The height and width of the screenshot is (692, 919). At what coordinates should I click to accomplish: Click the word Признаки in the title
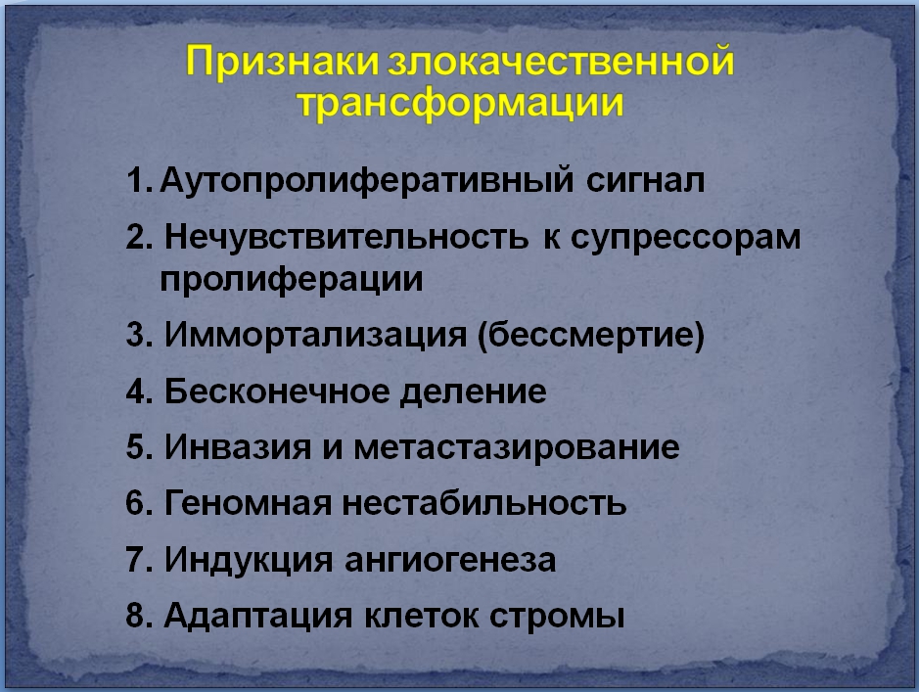pos(283,62)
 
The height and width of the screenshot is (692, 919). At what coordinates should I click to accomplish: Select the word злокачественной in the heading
pos(561,61)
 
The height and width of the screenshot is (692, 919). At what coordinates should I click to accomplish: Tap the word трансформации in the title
pos(460,104)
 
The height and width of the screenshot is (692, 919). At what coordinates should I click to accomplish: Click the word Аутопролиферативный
pos(366,180)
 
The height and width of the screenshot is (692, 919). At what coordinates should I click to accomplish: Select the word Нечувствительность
pos(346,237)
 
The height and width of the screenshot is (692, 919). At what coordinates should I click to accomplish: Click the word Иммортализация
pos(315,335)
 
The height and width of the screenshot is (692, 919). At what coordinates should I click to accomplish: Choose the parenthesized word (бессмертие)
pos(591,336)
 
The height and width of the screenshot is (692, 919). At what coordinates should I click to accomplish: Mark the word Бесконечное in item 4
pos(277,392)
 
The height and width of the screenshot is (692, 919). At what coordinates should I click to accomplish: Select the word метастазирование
pos(517,448)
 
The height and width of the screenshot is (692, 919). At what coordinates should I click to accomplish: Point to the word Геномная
pos(248,503)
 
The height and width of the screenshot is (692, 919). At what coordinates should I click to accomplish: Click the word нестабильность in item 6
pos(484,503)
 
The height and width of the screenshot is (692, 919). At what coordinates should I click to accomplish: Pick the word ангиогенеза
pos(450,560)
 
